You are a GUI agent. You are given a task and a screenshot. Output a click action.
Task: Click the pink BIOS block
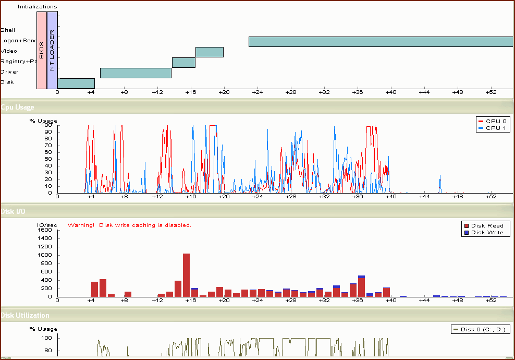tap(42, 50)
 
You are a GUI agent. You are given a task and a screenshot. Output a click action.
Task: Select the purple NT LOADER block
tap(52, 50)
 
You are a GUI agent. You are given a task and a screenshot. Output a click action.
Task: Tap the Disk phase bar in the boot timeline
tap(76, 83)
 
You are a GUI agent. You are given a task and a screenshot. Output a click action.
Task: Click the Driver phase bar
tap(136, 73)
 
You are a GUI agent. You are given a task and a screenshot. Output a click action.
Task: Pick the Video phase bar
tap(210, 52)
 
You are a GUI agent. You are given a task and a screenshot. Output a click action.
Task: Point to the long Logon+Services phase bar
tap(381, 42)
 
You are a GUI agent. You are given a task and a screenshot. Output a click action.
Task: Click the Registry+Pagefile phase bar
tap(183, 63)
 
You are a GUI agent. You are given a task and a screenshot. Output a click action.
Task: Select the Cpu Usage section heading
tap(18, 107)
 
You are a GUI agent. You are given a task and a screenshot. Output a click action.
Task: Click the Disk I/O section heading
tap(13, 211)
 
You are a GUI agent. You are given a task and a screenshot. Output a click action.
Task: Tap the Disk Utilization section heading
tap(25, 315)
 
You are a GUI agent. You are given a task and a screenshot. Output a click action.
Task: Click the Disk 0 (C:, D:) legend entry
tap(480, 329)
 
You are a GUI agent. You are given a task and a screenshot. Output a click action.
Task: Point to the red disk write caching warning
tap(129, 225)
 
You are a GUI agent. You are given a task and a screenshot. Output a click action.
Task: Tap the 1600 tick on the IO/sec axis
tap(44, 230)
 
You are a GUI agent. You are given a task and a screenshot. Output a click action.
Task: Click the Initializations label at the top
tap(38, 7)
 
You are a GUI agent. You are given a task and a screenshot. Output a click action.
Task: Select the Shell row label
tap(8, 30)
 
